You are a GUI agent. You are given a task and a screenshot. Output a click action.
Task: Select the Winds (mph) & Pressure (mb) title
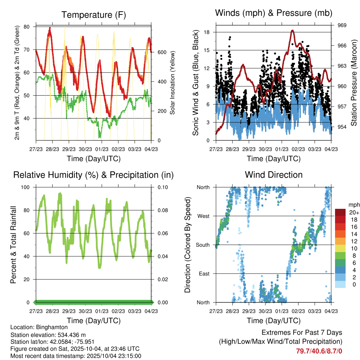[x=274, y=13]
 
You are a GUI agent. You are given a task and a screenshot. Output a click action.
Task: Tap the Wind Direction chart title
[x=274, y=175]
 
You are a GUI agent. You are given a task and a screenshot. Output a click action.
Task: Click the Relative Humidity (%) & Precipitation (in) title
[x=94, y=175]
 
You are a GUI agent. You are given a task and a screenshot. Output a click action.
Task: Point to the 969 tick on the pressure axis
[x=342, y=25]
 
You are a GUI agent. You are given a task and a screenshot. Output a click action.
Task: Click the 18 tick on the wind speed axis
[x=207, y=32]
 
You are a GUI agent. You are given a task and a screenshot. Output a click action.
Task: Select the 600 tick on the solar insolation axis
[x=162, y=52]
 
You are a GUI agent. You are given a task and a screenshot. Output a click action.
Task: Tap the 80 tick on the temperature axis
[x=26, y=27]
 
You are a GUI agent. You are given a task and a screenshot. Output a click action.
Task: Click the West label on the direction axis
[x=203, y=216]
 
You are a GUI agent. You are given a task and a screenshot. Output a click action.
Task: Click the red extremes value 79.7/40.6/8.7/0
[x=319, y=351]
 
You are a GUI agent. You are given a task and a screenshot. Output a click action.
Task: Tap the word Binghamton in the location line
[x=54, y=327]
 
